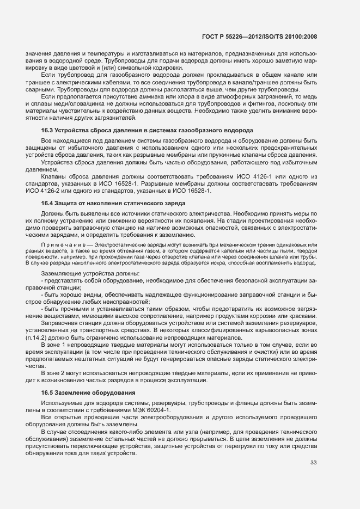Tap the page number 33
(313, 463)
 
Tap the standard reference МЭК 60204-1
(153, 409)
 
